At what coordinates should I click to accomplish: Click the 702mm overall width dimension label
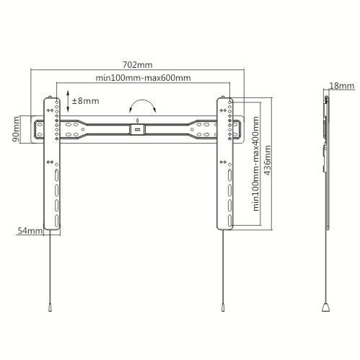[x=137, y=65]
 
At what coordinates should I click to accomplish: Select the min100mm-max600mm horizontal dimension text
[x=143, y=78]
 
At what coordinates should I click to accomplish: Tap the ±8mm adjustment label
[x=85, y=101]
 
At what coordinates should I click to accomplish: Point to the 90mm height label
[x=16, y=129]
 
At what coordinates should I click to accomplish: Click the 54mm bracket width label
[x=30, y=231]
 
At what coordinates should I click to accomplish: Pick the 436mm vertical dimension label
[x=268, y=160]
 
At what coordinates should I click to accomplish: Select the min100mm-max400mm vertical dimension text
[x=256, y=164]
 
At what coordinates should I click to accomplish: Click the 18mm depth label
[x=342, y=86]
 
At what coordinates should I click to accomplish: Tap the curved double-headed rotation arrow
[x=142, y=101]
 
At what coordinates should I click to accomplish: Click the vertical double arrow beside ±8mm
[x=68, y=101]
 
